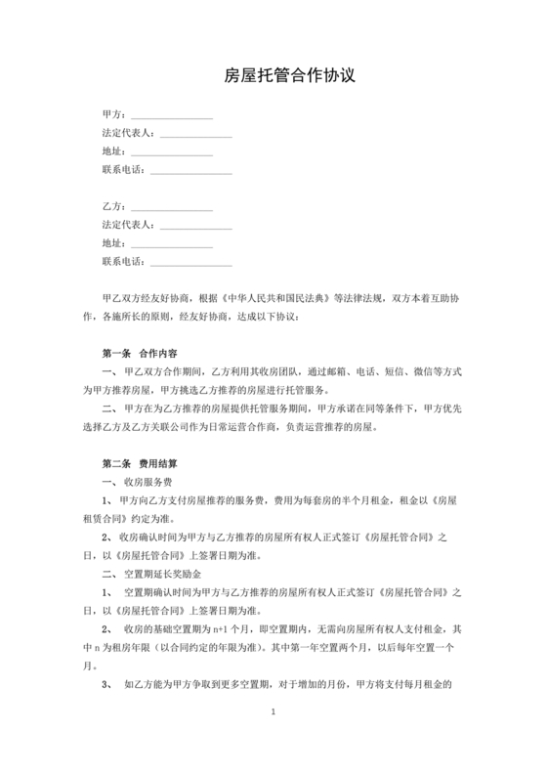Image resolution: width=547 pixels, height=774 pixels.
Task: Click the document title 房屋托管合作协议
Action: pyautogui.click(x=273, y=75)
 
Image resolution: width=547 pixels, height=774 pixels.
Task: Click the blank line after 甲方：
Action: pyautogui.click(x=171, y=117)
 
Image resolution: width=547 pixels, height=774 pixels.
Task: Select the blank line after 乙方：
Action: pyautogui.click(x=171, y=209)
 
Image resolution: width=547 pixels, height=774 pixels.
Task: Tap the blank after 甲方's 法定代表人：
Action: pyautogui.click(x=195, y=135)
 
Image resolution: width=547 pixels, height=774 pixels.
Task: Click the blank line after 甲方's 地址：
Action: pyautogui.click(x=171, y=153)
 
